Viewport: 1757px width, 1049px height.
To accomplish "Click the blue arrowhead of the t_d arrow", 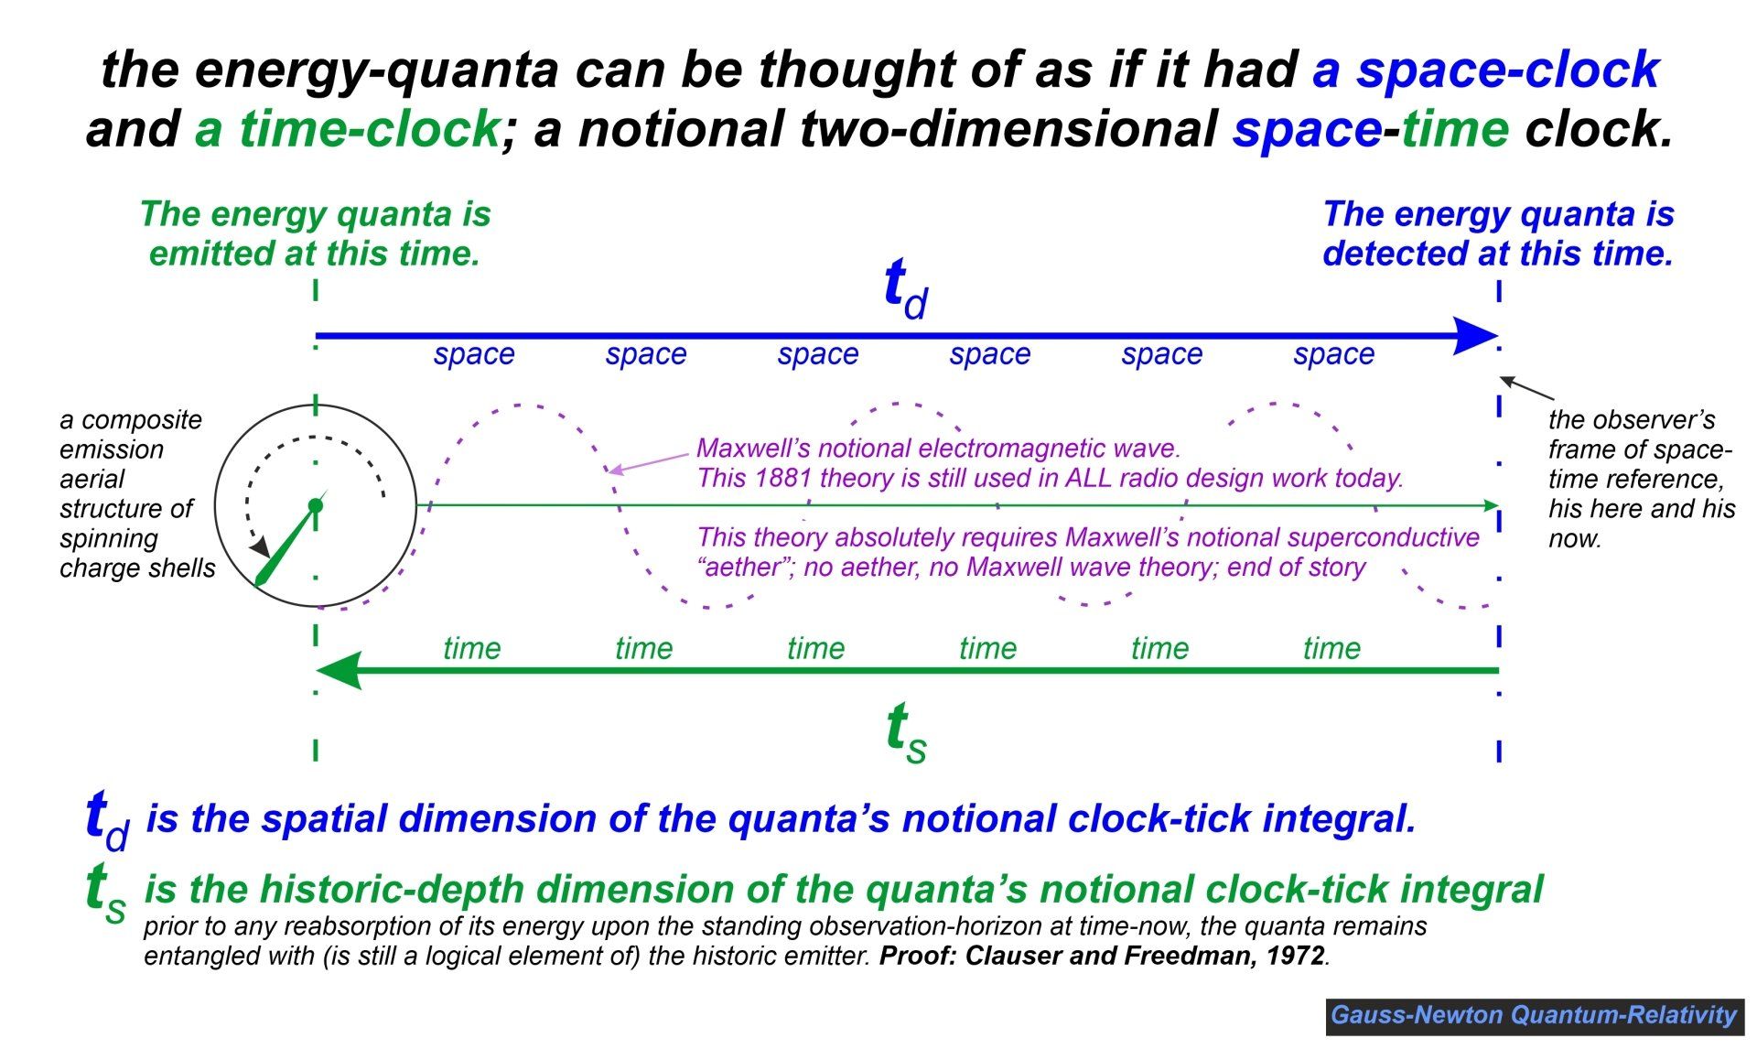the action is coord(1475,336).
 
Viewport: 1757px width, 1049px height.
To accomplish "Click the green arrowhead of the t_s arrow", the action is coord(339,671).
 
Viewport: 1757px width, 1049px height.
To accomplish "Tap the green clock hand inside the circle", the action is coord(287,543).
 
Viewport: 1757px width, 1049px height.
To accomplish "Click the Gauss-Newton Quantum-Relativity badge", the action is coord(1534,1015).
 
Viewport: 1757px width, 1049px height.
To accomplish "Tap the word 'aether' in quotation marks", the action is coord(739,568).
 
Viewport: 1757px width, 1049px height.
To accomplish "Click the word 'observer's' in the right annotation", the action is coord(1632,420).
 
